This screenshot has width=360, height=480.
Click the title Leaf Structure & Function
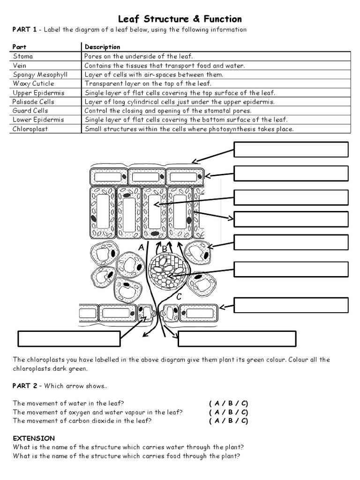tap(180, 19)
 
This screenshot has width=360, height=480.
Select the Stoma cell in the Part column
tap(23, 56)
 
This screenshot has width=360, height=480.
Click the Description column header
tap(102, 47)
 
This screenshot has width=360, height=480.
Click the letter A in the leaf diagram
tap(141, 247)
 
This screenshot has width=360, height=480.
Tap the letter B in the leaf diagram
tap(164, 248)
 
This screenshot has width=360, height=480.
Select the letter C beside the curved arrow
tap(179, 296)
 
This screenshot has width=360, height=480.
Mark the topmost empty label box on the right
tap(291, 150)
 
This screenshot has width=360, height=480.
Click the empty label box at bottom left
tap(69, 338)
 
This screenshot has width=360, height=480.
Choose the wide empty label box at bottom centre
tap(237, 338)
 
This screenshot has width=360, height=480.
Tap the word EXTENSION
tap(34, 438)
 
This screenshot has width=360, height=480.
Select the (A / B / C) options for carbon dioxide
tap(228, 421)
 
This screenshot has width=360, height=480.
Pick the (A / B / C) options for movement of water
tap(228, 403)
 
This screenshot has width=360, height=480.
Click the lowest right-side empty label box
tap(291, 305)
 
